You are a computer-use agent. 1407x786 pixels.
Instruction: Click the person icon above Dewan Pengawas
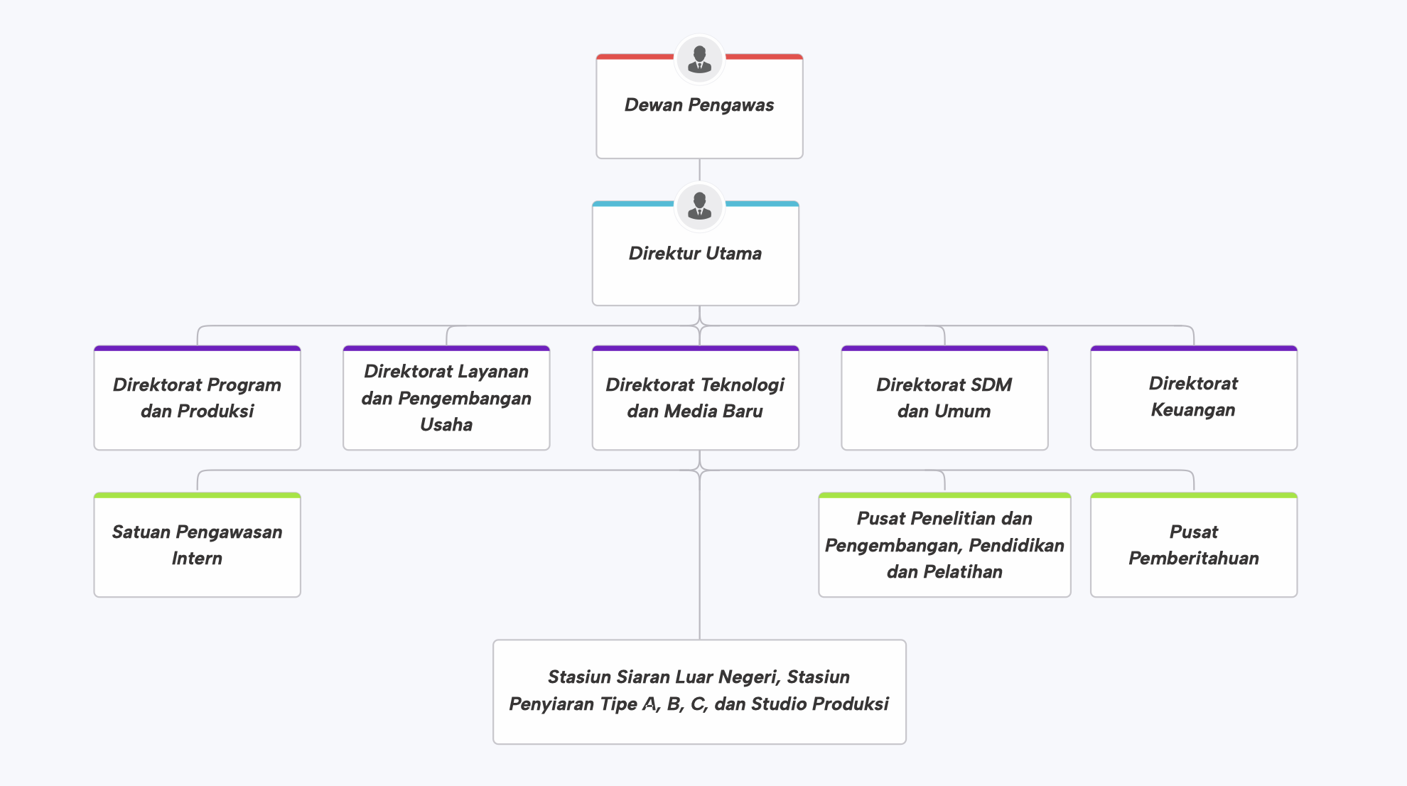699,60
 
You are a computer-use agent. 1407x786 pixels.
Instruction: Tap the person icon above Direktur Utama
699,207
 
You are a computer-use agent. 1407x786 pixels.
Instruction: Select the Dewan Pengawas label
699,105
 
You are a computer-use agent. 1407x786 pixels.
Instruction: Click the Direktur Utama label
695,253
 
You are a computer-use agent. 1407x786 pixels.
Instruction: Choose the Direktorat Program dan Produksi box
197,398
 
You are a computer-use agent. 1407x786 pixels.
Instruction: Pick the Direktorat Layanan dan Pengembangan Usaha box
446,398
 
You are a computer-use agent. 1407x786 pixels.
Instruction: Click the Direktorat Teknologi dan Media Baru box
696,398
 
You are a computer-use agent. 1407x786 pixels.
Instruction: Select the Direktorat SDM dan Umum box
944,398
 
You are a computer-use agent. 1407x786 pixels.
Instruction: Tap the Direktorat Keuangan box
1194,398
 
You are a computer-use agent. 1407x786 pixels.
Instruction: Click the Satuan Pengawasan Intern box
197,545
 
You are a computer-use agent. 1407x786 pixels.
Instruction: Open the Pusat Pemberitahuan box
1194,545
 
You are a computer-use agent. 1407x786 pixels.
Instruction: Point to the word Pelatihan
964,571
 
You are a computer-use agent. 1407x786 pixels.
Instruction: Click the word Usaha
446,424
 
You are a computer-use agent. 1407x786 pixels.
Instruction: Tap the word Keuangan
1193,410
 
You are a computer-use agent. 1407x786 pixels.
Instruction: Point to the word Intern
197,558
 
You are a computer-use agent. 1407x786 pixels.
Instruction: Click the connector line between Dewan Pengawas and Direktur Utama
699,171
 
